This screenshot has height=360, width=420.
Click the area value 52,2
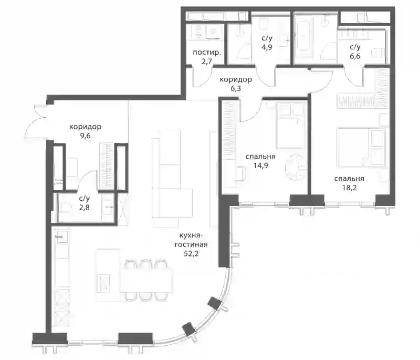tap(191, 254)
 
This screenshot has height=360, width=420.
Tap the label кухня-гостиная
tap(191, 240)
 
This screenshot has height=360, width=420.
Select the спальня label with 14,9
tap(260, 156)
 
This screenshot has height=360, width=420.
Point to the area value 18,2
tap(349, 188)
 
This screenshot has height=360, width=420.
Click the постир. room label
tap(207, 52)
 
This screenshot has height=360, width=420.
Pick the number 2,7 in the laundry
tap(207, 61)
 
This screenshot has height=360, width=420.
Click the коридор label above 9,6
tap(85, 127)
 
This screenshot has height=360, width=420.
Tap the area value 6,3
tap(236, 88)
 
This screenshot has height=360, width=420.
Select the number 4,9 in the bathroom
tap(267, 47)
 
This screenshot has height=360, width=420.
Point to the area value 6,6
tap(355, 56)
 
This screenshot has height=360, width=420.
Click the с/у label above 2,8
tap(85, 198)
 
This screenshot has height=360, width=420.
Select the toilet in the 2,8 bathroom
tap(65, 208)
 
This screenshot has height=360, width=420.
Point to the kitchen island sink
tap(103, 283)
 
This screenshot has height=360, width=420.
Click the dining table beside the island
tap(146, 280)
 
